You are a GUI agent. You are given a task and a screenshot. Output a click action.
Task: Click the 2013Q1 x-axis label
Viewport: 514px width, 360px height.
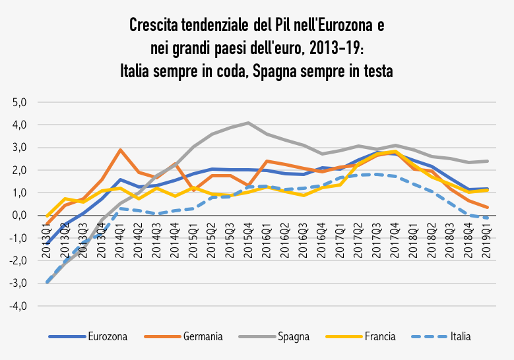point(48,243)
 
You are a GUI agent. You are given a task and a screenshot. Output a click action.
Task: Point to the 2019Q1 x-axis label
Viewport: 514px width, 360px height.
point(486,243)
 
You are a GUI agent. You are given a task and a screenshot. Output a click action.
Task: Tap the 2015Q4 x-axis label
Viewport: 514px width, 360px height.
point(248,243)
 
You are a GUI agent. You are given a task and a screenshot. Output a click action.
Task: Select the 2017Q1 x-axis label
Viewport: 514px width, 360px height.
point(339,243)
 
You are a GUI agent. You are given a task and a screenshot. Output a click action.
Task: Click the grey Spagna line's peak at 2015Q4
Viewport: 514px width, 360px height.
point(248,123)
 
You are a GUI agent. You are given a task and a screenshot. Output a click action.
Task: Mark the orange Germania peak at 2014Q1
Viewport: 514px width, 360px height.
point(120,150)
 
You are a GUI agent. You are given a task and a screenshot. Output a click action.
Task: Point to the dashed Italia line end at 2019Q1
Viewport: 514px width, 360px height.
point(486,218)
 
